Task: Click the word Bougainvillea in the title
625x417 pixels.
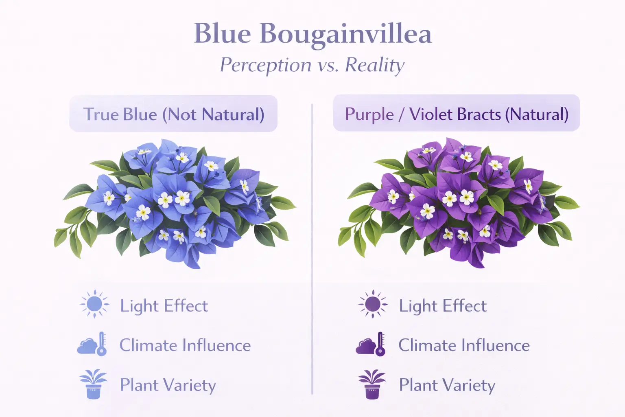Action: coord(345,34)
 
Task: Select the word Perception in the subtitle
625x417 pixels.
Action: coord(266,65)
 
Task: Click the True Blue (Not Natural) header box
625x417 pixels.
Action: coord(173,114)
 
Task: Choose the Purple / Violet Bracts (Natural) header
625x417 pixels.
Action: coord(456,113)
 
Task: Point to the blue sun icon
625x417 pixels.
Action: coord(94,304)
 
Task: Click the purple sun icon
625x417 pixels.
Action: coord(373,304)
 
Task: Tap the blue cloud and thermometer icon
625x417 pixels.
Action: coord(93,345)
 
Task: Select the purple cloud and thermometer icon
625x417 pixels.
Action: coord(371,345)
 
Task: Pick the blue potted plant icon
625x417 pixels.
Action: coord(93,384)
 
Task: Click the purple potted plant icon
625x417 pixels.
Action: coord(372,384)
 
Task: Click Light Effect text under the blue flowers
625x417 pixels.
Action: coord(164,306)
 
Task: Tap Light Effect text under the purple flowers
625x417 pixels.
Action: coord(443,306)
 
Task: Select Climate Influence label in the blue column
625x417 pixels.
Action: coord(185,345)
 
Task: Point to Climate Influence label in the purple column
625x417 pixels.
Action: coord(464,345)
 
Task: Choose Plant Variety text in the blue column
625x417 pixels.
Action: coord(168,385)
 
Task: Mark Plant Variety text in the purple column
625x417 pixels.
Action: coord(447,385)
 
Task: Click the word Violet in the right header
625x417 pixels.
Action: coord(432,114)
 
